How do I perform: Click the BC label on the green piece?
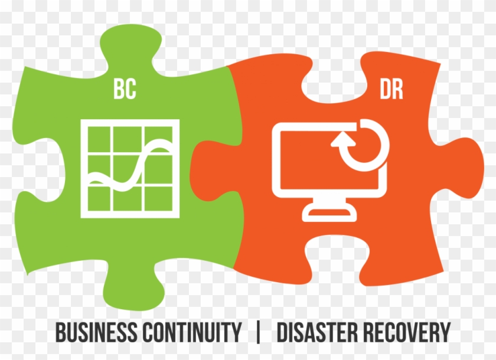[x=125, y=89]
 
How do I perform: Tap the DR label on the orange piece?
[x=391, y=89]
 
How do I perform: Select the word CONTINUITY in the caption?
[x=192, y=332]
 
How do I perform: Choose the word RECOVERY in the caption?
[x=406, y=332]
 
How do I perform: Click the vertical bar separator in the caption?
[x=259, y=332]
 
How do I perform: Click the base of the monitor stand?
[x=329, y=215]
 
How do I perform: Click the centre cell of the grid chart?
[x=128, y=171]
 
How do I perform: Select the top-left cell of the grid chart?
[x=99, y=140]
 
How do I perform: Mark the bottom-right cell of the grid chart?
[x=159, y=198]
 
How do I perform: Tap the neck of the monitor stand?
[x=329, y=202]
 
